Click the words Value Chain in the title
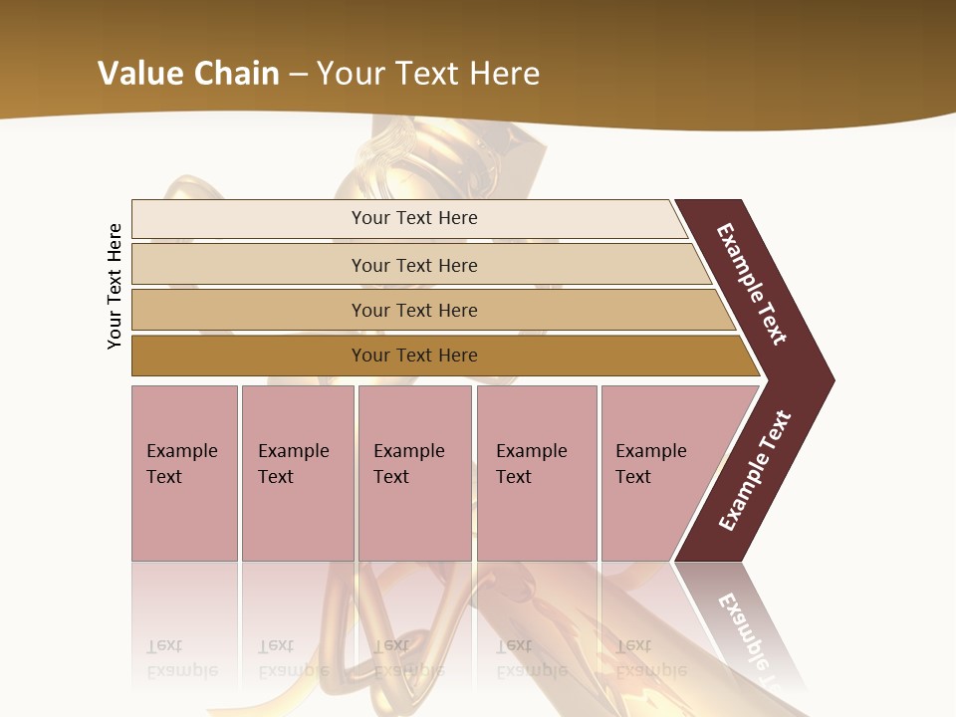point(188,73)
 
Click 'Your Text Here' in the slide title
point(428,73)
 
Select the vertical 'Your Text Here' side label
point(115,286)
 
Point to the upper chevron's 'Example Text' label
point(752,284)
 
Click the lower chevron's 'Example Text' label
point(754,471)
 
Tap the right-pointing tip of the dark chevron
point(827,379)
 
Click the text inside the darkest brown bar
point(414,356)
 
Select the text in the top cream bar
point(414,218)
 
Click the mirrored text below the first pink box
point(181,658)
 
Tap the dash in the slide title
point(298,74)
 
